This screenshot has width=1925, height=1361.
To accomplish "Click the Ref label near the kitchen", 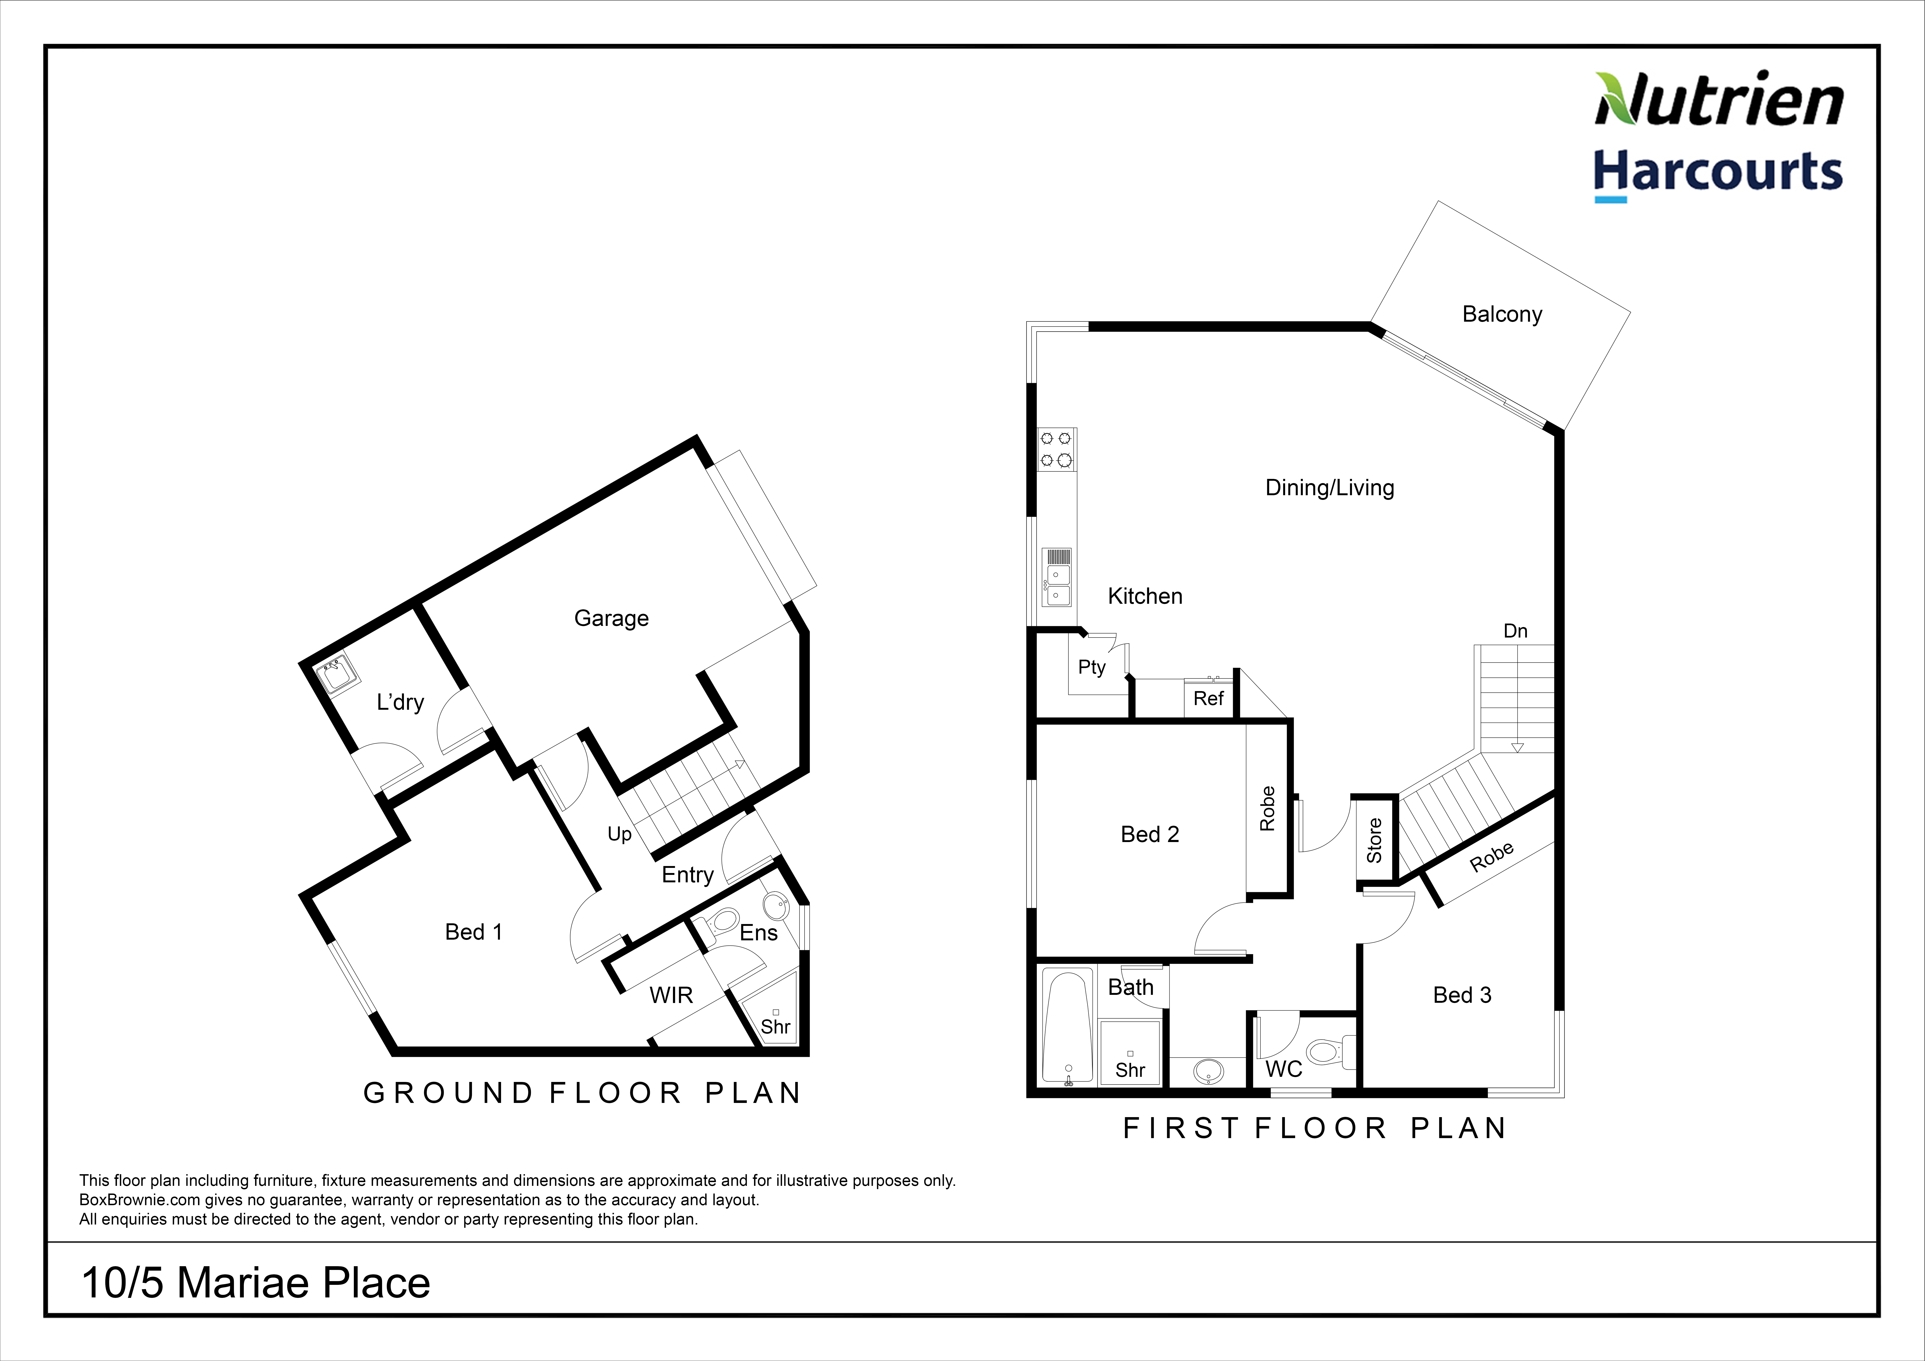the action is [1208, 699].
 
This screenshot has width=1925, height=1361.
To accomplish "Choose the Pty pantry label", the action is [1092, 668].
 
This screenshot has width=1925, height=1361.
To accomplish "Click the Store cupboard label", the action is [1374, 840].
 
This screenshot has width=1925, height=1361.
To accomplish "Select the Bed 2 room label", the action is [1150, 834].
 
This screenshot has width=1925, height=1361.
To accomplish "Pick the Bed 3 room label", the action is [1462, 995].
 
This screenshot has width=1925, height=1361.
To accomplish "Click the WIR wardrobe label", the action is [671, 995].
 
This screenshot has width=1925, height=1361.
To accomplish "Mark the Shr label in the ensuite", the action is [775, 1027].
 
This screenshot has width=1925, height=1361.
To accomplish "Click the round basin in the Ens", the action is [776, 906].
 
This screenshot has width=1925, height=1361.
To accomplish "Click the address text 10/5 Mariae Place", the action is [256, 1283].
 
